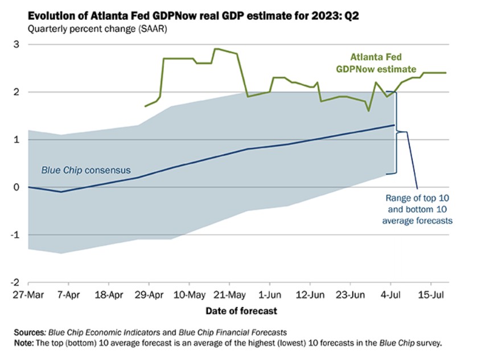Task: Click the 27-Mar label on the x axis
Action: point(28,295)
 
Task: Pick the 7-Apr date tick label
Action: point(68,295)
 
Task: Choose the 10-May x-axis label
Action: point(190,295)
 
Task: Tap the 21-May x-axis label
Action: point(230,295)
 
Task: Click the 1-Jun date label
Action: point(270,295)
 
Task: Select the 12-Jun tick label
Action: point(310,295)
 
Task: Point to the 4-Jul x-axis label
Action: point(391,295)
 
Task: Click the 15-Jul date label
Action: point(431,295)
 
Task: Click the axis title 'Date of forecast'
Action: point(242,311)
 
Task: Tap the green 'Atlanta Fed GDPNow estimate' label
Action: point(382,63)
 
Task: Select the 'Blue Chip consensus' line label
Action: point(85,170)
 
